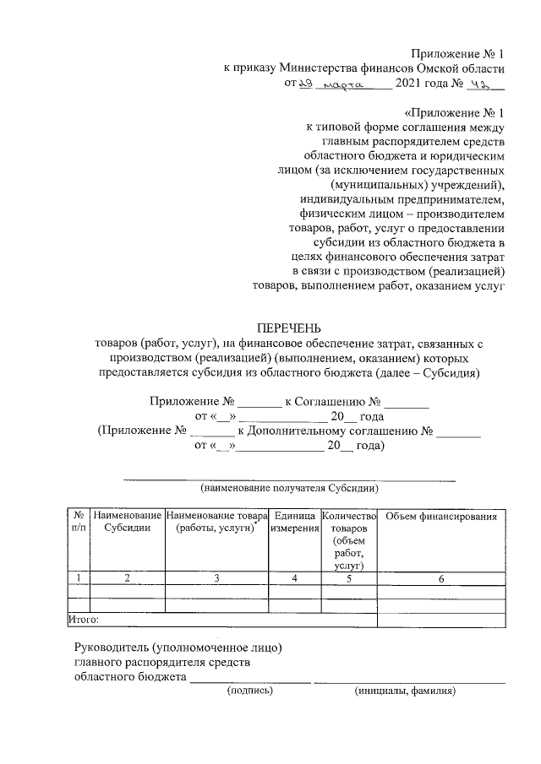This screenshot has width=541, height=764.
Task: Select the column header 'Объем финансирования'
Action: point(440,516)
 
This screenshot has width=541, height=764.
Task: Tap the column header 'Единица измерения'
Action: point(294,522)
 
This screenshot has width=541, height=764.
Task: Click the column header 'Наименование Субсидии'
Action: point(128,522)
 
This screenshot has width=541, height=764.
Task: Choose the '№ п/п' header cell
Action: point(77,522)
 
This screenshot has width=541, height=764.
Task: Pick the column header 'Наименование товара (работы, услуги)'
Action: point(216,522)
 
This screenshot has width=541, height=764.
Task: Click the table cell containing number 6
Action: point(440,578)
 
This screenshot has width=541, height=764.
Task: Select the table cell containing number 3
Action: point(216,578)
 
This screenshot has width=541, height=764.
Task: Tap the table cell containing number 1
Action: point(77,578)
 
